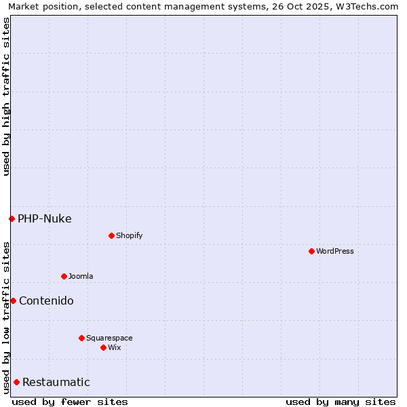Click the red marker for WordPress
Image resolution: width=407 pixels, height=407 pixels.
pos(311,251)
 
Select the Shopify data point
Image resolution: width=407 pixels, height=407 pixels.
pos(111,235)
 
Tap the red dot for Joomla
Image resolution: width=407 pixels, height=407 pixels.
pos(64,276)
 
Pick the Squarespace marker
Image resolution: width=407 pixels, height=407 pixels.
pos(81,338)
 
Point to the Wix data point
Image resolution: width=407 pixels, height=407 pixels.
pos(103,347)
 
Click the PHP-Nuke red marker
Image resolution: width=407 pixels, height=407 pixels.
pos(12,218)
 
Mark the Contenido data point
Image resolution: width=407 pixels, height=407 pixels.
pos(13,301)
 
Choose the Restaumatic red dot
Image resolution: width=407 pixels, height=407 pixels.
pos(16,382)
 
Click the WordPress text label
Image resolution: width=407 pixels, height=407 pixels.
pos(335,251)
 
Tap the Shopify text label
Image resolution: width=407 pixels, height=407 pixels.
pos(130,235)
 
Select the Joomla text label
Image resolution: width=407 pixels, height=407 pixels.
pos(81,276)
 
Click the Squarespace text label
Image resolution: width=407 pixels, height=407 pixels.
pos(109,338)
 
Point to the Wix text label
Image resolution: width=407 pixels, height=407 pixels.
pos(115,347)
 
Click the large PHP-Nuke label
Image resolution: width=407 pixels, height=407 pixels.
pos(45,218)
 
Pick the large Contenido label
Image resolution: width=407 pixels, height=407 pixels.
pos(46,301)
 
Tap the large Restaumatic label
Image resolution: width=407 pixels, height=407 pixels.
pos(56,382)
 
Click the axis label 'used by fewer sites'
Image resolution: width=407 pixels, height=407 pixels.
pos(70,402)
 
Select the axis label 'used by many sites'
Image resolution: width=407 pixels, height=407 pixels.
pos(341,402)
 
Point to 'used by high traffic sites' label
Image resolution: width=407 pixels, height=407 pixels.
pos(6,96)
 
